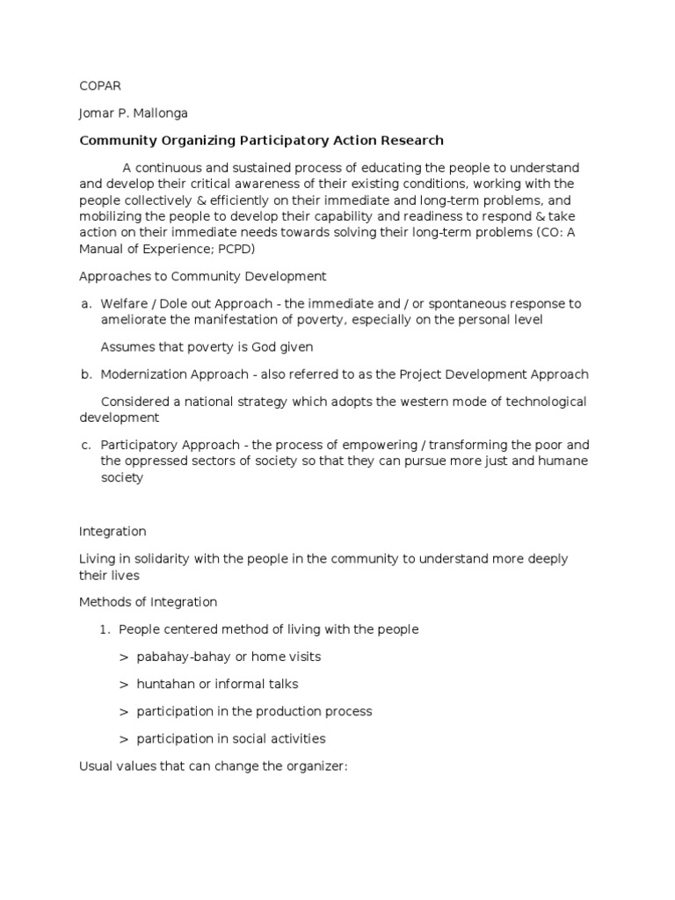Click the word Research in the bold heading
point(411,141)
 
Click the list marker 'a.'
point(85,303)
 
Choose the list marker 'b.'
point(85,374)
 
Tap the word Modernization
point(145,374)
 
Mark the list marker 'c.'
point(85,445)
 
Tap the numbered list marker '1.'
point(103,629)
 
